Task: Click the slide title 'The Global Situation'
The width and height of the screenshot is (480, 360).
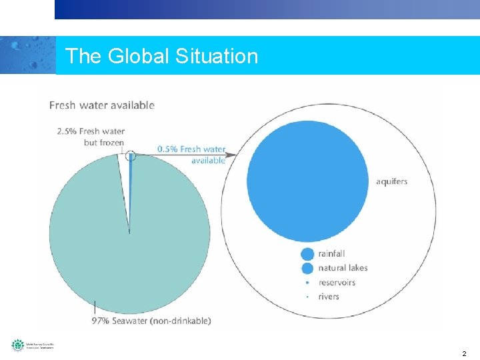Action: [161, 55]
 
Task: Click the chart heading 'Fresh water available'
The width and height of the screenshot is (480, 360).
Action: [101, 105]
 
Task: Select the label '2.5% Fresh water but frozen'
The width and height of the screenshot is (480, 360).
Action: [91, 137]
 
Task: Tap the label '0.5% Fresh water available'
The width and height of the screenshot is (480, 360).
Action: [191, 154]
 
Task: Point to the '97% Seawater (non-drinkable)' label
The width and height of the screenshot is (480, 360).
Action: [151, 321]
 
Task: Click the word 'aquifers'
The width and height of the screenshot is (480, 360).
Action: [391, 181]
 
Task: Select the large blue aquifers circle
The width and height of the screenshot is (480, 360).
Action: [307, 181]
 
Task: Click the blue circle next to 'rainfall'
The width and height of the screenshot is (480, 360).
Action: [307, 253]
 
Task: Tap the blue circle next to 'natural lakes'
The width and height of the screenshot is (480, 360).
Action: [307, 268]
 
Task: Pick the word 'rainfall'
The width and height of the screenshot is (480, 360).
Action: [331, 253]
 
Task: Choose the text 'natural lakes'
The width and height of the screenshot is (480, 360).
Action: [343, 268]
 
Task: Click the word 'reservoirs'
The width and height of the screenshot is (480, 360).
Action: [337, 282]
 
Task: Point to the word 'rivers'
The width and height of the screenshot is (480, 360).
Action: [329, 296]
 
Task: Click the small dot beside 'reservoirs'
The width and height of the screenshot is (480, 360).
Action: [307, 282]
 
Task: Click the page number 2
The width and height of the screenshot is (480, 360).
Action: [464, 353]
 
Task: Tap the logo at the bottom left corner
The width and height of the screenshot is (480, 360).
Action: [32, 345]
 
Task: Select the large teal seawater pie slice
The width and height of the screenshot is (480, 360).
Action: [93, 247]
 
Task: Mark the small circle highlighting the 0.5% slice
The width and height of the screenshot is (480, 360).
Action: [131, 155]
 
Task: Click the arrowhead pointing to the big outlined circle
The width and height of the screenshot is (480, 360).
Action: [235, 155]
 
